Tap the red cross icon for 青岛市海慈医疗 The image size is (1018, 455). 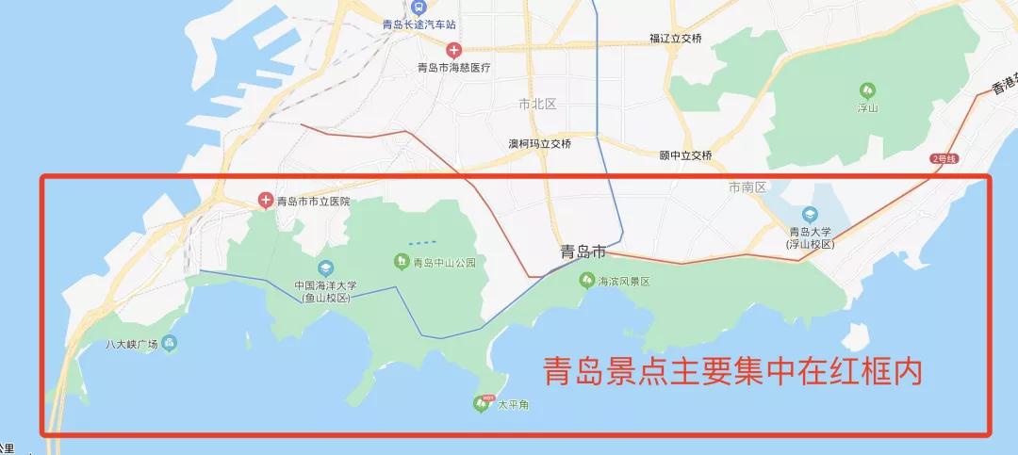pos(454,49)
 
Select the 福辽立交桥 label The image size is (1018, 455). pos(676,39)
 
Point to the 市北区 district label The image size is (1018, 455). pos(538,103)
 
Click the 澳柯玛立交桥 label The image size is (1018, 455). pos(540,144)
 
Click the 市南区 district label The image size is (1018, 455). pos(749,188)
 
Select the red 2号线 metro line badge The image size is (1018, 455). pos(944,159)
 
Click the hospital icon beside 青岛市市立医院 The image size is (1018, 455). pos(267,200)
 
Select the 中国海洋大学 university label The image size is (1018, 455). pos(325,286)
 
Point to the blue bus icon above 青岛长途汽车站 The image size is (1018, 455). pos(420,8)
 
